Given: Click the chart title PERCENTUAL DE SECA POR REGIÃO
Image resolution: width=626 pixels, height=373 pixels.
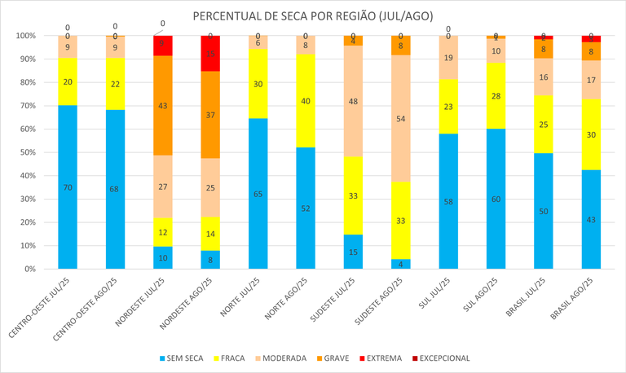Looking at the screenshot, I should pyautogui.click(x=313, y=16).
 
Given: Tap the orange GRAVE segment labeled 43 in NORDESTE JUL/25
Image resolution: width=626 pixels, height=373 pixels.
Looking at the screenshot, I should pyautogui.click(x=163, y=105).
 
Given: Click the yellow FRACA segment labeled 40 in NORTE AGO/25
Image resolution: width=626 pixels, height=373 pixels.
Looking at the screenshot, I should pyautogui.click(x=306, y=101).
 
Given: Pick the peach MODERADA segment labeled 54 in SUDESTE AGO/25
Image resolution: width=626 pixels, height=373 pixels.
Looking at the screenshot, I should pyautogui.click(x=401, y=119).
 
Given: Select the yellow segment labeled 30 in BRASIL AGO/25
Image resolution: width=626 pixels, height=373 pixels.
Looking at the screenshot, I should pyautogui.click(x=591, y=135).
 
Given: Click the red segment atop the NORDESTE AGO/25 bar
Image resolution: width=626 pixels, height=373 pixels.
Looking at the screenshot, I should pyautogui.click(x=210, y=54).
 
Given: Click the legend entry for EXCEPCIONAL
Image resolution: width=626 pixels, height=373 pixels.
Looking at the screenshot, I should pyautogui.click(x=442, y=358).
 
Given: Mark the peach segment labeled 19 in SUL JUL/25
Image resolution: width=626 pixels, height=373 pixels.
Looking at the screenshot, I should pyautogui.click(x=448, y=58).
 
